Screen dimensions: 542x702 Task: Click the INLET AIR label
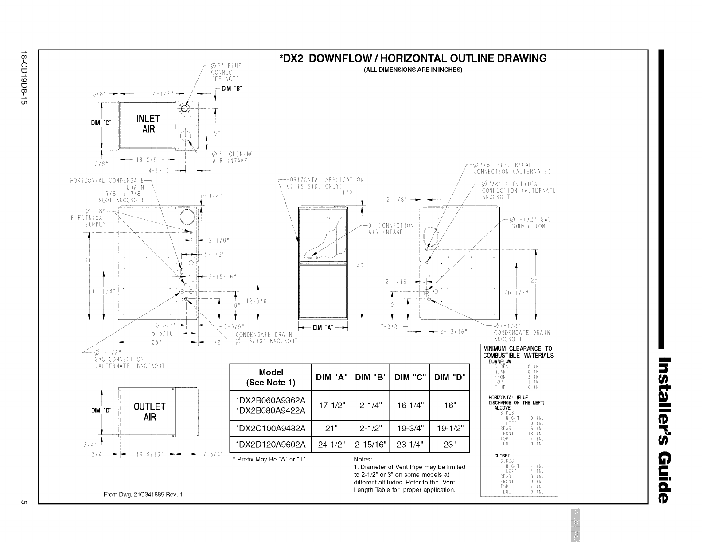(x=148, y=124)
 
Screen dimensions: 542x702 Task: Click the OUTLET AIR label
(x=150, y=412)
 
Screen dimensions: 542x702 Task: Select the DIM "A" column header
(x=331, y=377)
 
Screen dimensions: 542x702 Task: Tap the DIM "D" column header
(x=450, y=377)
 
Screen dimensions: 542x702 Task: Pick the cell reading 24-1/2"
(x=331, y=445)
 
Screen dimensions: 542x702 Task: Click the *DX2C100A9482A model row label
(x=271, y=428)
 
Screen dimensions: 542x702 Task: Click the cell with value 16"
(x=450, y=406)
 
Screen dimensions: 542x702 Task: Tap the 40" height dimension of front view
(x=360, y=266)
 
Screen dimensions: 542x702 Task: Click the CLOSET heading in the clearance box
(x=502, y=456)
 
